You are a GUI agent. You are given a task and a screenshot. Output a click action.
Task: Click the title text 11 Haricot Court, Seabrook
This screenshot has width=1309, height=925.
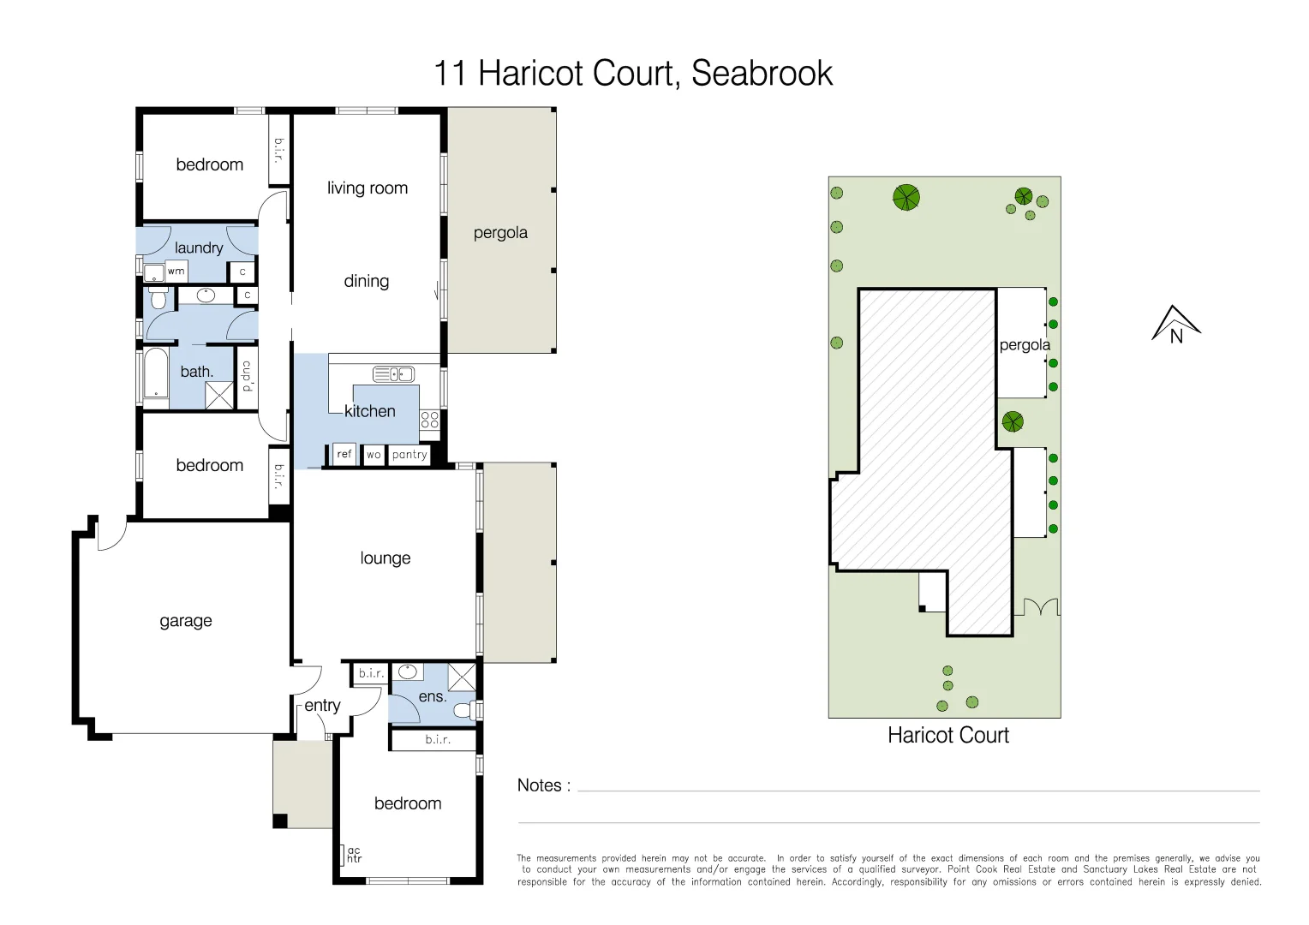click(x=633, y=74)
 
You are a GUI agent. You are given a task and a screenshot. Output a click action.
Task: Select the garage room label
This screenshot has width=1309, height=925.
click(x=186, y=621)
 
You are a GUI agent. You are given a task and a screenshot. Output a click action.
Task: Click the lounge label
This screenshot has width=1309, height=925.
click(x=385, y=558)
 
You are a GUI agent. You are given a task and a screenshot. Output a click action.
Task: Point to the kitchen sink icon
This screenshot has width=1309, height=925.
click(x=394, y=373)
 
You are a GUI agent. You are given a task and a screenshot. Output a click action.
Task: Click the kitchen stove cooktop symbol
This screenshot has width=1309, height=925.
click(x=429, y=420)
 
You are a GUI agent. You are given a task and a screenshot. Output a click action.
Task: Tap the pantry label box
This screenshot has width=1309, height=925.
click(x=409, y=455)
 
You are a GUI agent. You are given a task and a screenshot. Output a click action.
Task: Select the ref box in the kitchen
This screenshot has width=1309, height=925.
click(x=344, y=454)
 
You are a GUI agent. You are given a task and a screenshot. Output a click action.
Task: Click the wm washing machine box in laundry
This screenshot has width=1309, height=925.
click(x=176, y=272)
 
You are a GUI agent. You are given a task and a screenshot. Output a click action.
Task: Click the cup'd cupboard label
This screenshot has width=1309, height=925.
click(x=247, y=377)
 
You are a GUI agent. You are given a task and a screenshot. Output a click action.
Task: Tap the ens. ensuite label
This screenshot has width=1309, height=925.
click(x=433, y=696)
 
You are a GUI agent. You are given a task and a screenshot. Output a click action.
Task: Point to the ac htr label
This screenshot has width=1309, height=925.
click(x=353, y=855)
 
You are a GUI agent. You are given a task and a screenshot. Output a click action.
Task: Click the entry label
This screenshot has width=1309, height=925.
click(x=322, y=706)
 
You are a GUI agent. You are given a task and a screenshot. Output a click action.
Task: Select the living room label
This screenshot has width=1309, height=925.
click(x=368, y=188)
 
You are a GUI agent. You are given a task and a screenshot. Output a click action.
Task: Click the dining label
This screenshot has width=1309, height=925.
click(x=367, y=281)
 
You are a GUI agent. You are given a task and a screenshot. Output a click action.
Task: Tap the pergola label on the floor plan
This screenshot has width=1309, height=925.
click(x=500, y=233)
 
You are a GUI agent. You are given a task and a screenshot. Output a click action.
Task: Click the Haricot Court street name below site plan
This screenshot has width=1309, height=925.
click(x=947, y=736)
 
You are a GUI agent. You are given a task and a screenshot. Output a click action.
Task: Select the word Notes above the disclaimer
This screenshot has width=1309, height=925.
click(x=539, y=785)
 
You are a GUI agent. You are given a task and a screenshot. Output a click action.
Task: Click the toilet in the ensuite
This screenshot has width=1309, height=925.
click(x=463, y=710)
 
